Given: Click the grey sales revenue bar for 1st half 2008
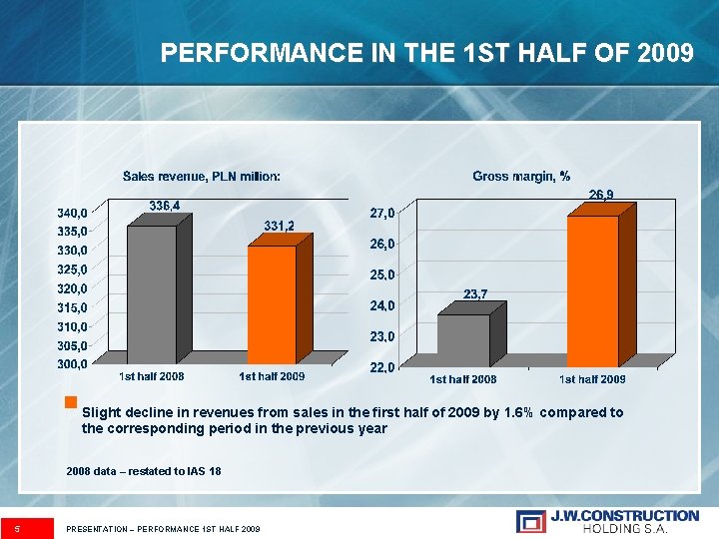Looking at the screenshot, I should pyautogui.click(x=152, y=294).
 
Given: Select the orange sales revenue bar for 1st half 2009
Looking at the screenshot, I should pyautogui.click(x=272, y=304).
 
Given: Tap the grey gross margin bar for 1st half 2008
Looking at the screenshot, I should pyautogui.click(x=463, y=340).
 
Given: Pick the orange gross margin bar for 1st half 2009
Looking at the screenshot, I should pyautogui.click(x=592, y=290).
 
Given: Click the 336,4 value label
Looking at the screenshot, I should pyautogui.click(x=166, y=205).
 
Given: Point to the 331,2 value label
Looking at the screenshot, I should pyautogui.click(x=279, y=227).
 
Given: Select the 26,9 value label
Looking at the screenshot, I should pyautogui.click(x=601, y=194).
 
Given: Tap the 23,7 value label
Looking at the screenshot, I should pyautogui.click(x=476, y=293).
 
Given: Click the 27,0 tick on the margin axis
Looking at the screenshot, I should pyautogui.click(x=382, y=212).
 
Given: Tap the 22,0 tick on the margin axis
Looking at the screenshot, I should pyautogui.click(x=382, y=367).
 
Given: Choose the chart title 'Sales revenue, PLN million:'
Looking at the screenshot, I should pyautogui.click(x=202, y=177).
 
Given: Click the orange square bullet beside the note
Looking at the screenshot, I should pyautogui.click(x=70, y=403).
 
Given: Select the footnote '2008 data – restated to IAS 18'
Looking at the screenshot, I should pyautogui.click(x=144, y=470).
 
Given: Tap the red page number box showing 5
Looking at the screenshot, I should pyautogui.click(x=27, y=527).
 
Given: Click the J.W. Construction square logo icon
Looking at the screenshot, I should pyautogui.click(x=531, y=521).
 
